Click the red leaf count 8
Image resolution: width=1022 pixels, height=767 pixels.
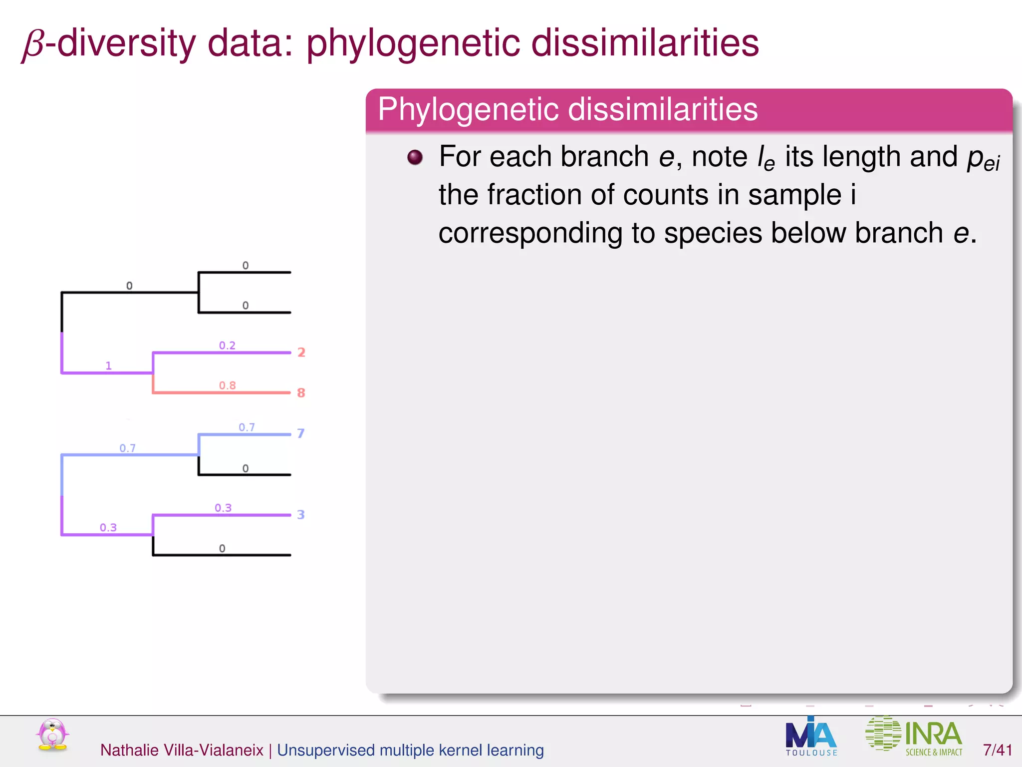click(x=301, y=393)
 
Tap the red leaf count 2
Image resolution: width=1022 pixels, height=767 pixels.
click(x=301, y=353)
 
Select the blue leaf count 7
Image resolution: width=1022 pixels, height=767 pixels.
click(x=300, y=433)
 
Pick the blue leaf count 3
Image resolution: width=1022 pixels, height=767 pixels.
click(x=300, y=515)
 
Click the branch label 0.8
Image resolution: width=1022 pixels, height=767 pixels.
click(x=227, y=385)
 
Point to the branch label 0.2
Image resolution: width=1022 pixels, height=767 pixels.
click(x=227, y=346)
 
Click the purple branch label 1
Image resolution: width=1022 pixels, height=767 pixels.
click(x=108, y=366)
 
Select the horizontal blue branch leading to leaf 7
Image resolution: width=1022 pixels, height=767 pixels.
click(x=245, y=434)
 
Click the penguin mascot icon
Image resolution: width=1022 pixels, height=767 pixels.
click(x=52, y=735)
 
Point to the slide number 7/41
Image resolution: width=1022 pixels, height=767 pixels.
click(x=997, y=750)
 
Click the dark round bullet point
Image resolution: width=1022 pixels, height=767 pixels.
click(x=415, y=158)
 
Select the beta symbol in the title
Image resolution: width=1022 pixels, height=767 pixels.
click(x=33, y=45)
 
